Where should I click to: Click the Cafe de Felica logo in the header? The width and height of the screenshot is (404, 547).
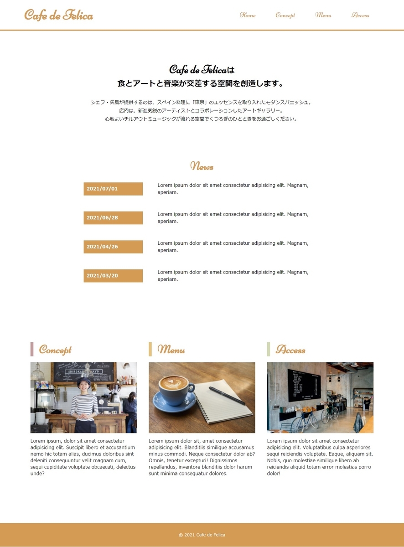pyautogui.click(x=58, y=15)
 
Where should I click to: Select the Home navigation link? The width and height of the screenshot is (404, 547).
pyautogui.click(x=248, y=15)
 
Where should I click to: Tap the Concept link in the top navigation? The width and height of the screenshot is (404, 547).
pyautogui.click(x=285, y=15)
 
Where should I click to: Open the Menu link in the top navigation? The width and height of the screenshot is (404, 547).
pyautogui.click(x=323, y=15)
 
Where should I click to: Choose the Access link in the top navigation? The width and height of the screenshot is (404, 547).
pyautogui.click(x=360, y=15)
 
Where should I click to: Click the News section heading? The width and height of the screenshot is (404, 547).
pyautogui.click(x=202, y=166)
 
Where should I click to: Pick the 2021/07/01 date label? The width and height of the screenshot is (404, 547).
pyautogui.click(x=113, y=189)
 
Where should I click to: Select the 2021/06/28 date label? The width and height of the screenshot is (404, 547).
pyautogui.click(x=113, y=218)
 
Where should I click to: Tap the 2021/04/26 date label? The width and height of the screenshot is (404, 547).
pyautogui.click(x=113, y=247)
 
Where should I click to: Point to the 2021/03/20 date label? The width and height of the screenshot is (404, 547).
pyautogui.click(x=113, y=276)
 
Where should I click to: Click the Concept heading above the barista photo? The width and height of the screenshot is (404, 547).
pyautogui.click(x=55, y=350)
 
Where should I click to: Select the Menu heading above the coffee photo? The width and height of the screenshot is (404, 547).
pyautogui.click(x=171, y=350)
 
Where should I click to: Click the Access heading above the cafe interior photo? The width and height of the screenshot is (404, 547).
pyautogui.click(x=290, y=350)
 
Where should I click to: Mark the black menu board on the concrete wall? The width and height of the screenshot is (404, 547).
pyautogui.click(x=304, y=385)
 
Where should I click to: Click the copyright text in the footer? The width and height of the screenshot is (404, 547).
pyautogui.click(x=202, y=535)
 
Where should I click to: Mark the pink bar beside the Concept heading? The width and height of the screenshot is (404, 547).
pyautogui.click(x=32, y=349)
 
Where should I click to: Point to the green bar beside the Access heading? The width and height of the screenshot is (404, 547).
pyautogui.click(x=269, y=349)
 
